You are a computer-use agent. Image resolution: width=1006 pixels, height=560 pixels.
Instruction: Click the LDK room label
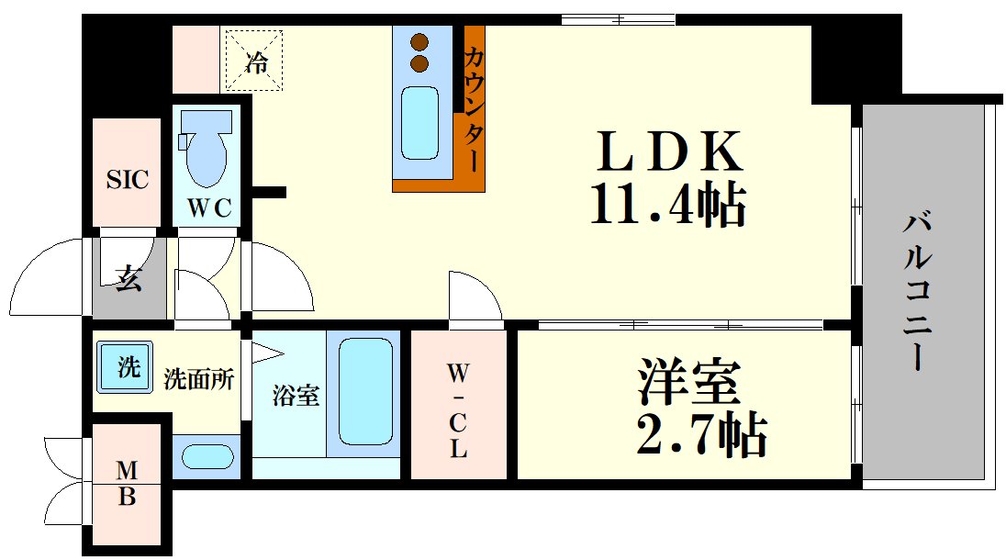pyautogui.click(x=670, y=153)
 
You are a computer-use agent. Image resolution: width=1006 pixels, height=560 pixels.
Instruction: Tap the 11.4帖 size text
pyautogui.click(x=666, y=206)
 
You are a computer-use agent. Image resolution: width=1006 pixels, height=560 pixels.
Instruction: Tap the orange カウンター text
pyautogui.click(x=474, y=108)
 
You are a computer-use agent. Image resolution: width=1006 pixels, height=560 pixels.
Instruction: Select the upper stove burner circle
pyautogui.click(x=420, y=42)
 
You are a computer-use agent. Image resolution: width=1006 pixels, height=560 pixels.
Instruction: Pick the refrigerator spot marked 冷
pyautogui.click(x=256, y=62)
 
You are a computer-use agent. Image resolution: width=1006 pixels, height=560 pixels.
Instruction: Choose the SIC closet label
pyautogui.click(x=127, y=179)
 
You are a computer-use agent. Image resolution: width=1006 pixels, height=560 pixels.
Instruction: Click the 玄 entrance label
pyautogui.click(x=129, y=277)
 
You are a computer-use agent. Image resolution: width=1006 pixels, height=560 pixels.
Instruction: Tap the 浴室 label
pyautogui.click(x=296, y=396)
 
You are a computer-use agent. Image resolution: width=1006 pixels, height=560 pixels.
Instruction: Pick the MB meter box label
pyautogui.click(x=127, y=484)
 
